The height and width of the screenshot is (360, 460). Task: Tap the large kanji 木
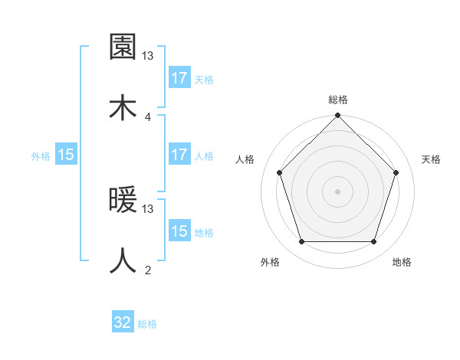tap(123, 108)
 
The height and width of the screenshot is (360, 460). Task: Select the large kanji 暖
tap(123, 201)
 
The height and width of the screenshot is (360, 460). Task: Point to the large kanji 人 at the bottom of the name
tap(123, 260)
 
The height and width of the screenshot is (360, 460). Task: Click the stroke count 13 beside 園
tap(148, 56)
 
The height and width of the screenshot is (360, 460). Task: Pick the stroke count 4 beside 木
tap(148, 116)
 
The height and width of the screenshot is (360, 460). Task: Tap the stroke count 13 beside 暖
tap(148, 208)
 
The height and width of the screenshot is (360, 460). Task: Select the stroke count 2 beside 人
tap(148, 270)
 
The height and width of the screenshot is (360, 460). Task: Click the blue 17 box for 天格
tap(179, 78)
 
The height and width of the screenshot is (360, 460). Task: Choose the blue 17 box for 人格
tap(179, 155)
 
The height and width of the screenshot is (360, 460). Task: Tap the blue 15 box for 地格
tap(179, 231)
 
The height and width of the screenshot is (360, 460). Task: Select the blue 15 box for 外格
tap(66, 155)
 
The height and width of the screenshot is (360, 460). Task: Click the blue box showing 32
tap(123, 322)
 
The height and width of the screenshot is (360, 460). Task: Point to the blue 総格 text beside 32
tap(147, 324)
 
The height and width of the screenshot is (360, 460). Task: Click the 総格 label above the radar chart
tap(338, 100)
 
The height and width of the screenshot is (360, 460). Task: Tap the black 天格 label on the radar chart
tap(431, 159)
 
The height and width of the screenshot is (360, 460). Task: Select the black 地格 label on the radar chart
tap(402, 262)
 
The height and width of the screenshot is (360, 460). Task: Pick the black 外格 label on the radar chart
tap(270, 262)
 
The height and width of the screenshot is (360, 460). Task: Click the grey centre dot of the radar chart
tap(337, 191)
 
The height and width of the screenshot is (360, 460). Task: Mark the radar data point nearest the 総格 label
tap(337, 117)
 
